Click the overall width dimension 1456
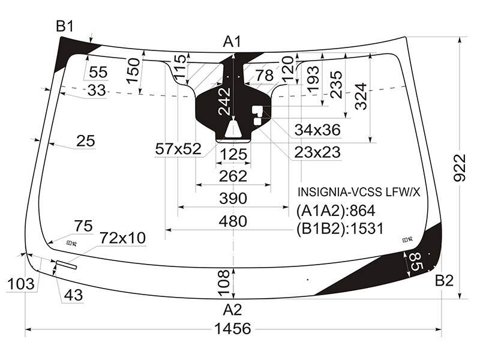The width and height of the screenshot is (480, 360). tap(233, 328)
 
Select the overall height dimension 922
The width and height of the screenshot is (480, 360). tap(459, 168)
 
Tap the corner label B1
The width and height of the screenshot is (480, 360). tap(65, 26)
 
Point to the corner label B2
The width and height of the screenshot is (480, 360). tap(444, 280)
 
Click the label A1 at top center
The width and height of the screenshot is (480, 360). tap(232, 41)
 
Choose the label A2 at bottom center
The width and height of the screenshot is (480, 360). tap(232, 310)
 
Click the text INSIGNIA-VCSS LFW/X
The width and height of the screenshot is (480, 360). tap(359, 192)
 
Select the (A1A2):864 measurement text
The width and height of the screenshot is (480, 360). tap(335, 211)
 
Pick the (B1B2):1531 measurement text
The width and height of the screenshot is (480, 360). tap(340, 229)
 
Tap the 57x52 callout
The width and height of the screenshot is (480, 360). tap(178, 149)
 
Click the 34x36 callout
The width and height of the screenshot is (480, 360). tap(317, 130)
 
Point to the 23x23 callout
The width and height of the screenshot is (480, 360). tap(317, 152)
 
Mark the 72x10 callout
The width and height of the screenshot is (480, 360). tap(123, 238)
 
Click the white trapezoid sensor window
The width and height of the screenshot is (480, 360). tap(233, 128)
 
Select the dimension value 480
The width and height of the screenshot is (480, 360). tap(233, 221)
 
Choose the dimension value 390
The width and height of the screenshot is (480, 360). tap(233, 199)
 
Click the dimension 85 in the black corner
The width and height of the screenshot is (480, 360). tap(415, 262)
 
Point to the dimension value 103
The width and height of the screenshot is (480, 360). tap(20, 284)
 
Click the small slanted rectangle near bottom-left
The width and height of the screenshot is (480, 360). tap(66, 265)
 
